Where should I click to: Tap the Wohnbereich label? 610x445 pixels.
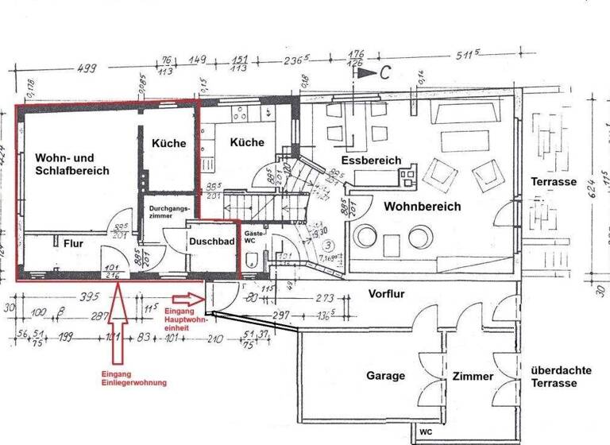[423, 207]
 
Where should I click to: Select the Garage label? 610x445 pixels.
[386, 376]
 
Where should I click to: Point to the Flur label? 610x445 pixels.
[74, 245]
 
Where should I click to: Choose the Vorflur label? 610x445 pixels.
[386, 293]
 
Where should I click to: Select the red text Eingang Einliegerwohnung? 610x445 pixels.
[133, 378]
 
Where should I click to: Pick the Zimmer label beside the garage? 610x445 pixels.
[473, 376]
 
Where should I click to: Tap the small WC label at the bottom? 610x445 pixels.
[427, 434]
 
